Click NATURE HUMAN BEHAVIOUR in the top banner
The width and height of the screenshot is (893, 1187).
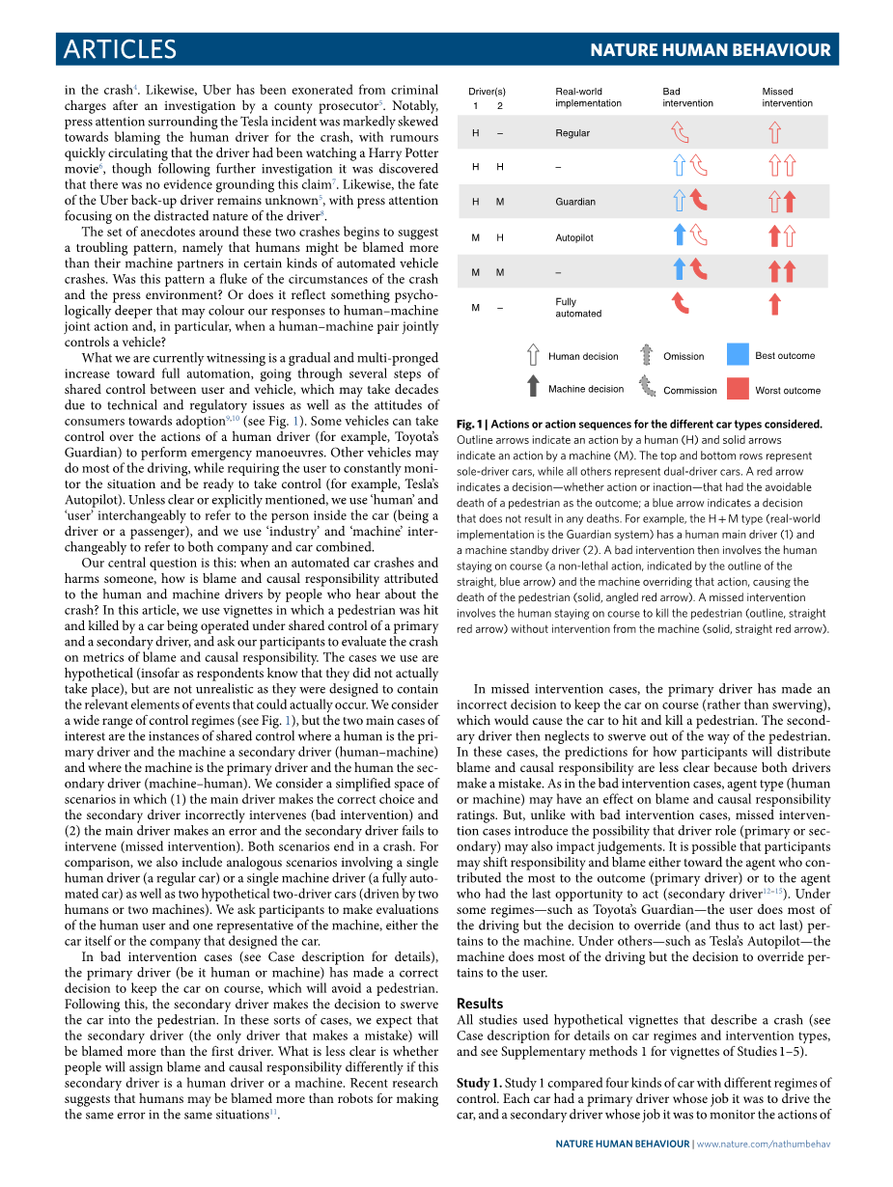click(x=710, y=50)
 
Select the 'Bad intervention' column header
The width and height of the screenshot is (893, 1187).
click(x=687, y=97)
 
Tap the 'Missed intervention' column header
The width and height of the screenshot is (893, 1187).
click(x=787, y=97)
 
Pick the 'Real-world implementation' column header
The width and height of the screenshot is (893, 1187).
click(x=588, y=97)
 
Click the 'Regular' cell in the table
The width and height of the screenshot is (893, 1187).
click(x=572, y=133)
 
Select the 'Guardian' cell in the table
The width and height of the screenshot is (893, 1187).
click(x=575, y=202)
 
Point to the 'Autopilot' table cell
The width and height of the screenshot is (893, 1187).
click(x=574, y=237)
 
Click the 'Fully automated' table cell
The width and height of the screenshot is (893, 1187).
click(x=578, y=308)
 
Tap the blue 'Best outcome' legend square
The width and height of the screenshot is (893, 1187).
click(x=738, y=354)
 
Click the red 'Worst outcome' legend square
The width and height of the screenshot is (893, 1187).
click(x=738, y=388)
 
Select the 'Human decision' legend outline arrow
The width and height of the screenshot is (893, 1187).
click(x=533, y=355)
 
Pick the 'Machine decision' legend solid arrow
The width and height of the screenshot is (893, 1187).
click(x=533, y=388)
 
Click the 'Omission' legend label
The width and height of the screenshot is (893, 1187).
click(x=684, y=356)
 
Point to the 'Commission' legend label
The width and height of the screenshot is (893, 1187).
click(x=690, y=391)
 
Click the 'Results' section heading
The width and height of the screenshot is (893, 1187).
click(x=480, y=1004)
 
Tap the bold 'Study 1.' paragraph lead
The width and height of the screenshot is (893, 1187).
click(x=479, y=1083)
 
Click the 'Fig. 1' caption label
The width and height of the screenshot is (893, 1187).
click(x=470, y=424)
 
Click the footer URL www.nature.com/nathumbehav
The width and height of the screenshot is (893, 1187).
click(x=764, y=1144)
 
